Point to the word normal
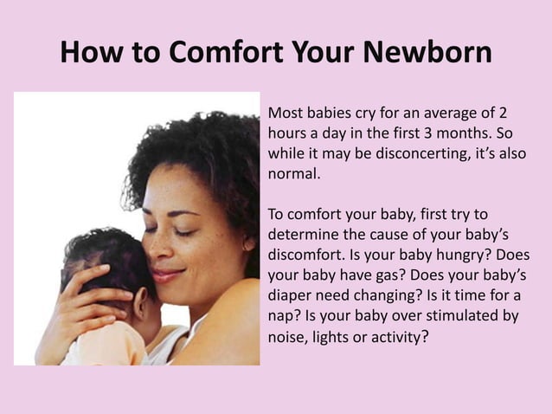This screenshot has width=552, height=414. coord(293,174)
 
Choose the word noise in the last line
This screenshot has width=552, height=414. coord(287,337)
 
